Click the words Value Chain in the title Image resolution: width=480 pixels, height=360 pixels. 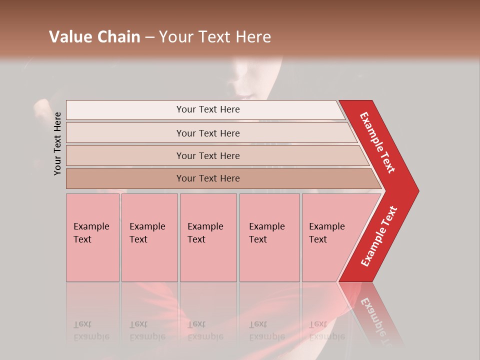pyautogui.click(x=94, y=37)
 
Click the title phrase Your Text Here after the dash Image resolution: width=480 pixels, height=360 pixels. pyautogui.click(x=215, y=37)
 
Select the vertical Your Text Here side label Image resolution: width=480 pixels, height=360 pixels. pyautogui.click(x=57, y=143)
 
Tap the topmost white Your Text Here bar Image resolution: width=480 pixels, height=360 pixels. pyautogui.click(x=208, y=109)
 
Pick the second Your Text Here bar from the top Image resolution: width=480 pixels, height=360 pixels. pyautogui.click(x=208, y=133)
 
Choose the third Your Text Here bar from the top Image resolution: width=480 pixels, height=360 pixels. pyautogui.click(x=208, y=155)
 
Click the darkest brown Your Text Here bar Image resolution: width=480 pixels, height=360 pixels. pyautogui.click(x=208, y=178)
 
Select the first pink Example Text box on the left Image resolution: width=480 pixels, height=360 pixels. pyautogui.click(x=92, y=237)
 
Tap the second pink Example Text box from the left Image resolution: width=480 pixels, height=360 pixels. pyautogui.click(x=149, y=237)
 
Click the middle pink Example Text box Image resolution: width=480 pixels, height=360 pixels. pyautogui.click(x=208, y=237)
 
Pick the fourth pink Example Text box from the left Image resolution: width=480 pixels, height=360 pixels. pyautogui.click(x=269, y=237)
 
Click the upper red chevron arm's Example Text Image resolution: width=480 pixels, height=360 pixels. pyautogui.click(x=378, y=142)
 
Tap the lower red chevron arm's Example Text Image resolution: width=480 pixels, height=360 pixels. pyautogui.click(x=379, y=236)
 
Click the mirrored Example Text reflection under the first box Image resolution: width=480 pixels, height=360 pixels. pyautogui.click(x=91, y=330)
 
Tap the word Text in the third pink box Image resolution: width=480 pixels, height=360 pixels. pyautogui.click(x=196, y=239)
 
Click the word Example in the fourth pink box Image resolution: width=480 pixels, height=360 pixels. pyautogui.click(x=267, y=226)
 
